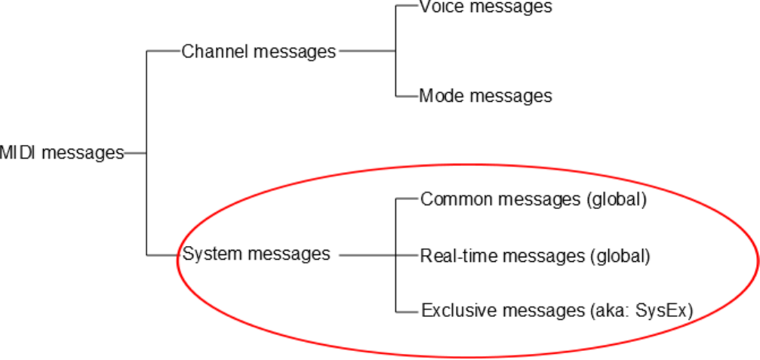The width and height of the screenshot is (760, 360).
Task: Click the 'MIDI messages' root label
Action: tap(61, 152)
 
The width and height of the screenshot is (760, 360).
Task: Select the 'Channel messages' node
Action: tap(258, 51)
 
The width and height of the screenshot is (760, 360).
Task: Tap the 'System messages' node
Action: tap(256, 254)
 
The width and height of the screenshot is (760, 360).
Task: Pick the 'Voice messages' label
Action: tap(485, 8)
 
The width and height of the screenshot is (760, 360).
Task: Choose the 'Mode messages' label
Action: tap(485, 96)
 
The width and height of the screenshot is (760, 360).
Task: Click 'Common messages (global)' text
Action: tap(534, 200)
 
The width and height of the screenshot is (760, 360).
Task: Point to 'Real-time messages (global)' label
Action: tap(535, 256)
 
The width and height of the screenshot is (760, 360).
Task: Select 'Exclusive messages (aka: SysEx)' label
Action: tap(556, 310)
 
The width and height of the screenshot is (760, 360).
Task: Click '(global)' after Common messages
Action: tap(617, 200)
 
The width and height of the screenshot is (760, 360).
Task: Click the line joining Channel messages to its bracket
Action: tap(367, 51)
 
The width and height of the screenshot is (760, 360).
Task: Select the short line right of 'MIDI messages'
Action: tap(135, 152)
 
